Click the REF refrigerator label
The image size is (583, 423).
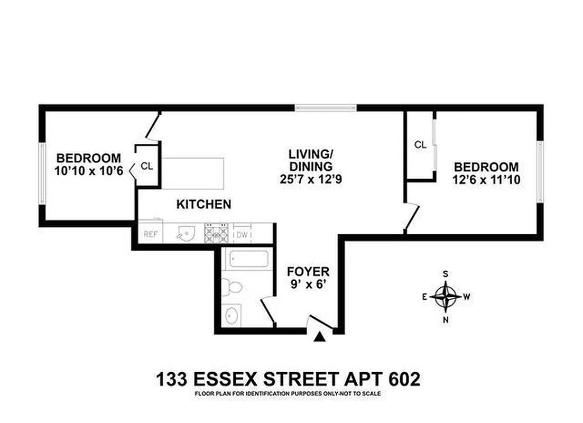click(x=151, y=235)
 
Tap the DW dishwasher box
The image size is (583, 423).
click(x=243, y=235)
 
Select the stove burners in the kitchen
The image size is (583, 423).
click(x=216, y=233)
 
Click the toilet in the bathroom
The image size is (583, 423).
click(x=233, y=287)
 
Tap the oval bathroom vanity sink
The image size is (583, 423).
click(x=231, y=316)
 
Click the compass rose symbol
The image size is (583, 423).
click(x=447, y=296)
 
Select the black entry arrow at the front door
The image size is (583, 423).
click(x=319, y=337)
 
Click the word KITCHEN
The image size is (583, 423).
click(x=203, y=204)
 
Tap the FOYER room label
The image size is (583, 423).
click(x=308, y=272)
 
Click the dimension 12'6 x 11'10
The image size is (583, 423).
click(x=487, y=180)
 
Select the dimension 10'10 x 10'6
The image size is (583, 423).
click(x=89, y=171)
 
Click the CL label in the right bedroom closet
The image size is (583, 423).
click(x=420, y=144)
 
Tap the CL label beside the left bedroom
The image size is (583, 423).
click(x=147, y=166)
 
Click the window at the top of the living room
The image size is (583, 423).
click(x=326, y=108)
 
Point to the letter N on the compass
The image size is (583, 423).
click(x=446, y=319)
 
